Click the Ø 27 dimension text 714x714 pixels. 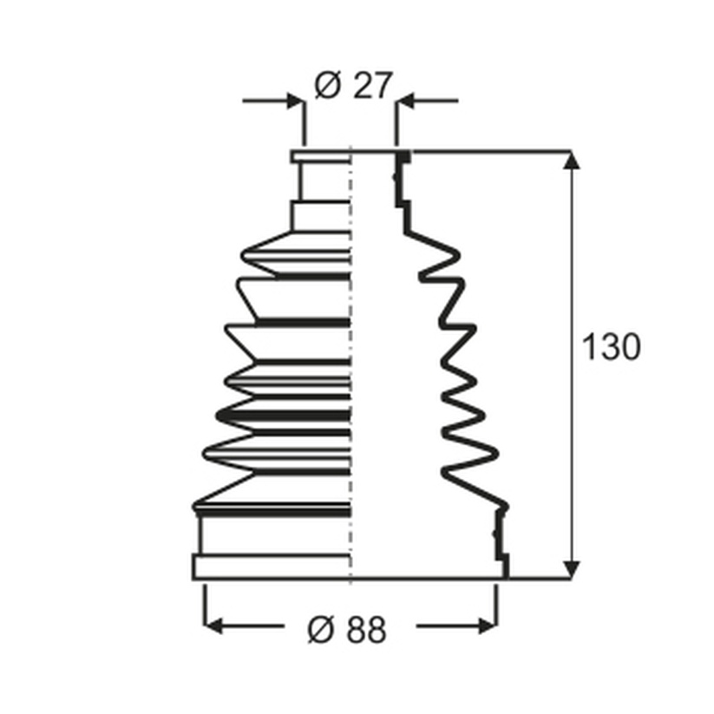(x=353, y=85)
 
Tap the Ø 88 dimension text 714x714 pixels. (x=347, y=630)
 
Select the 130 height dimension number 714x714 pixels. (x=611, y=347)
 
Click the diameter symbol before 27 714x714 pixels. (x=327, y=85)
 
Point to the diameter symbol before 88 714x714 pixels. (x=321, y=630)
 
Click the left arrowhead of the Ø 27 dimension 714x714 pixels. (x=295, y=101)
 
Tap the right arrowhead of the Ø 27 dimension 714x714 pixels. (x=404, y=101)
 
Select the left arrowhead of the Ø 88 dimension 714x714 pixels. (x=213, y=626)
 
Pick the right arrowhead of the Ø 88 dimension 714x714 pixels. (x=488, y=626)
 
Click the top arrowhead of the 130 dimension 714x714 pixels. (x=572, y=160)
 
